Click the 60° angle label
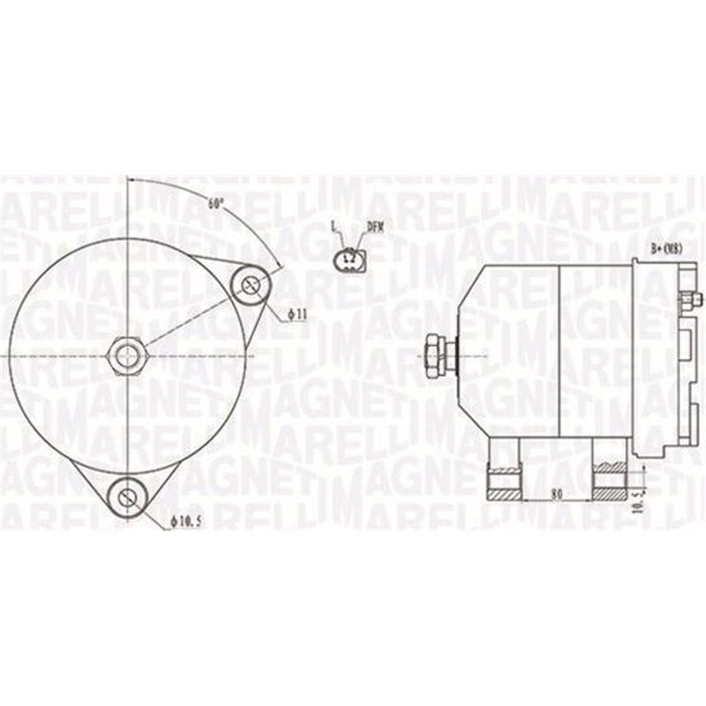215,203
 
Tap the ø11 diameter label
297,313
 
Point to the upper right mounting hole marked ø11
252,284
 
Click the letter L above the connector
334,227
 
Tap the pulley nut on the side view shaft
435,354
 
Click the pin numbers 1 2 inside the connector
349,257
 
